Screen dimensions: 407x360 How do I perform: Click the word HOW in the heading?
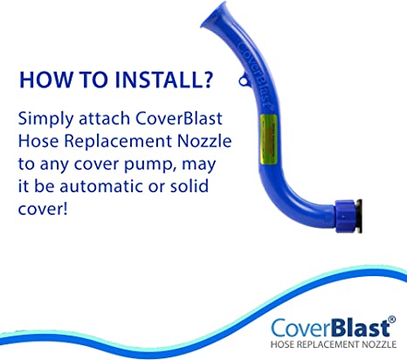click(x=46, y=80)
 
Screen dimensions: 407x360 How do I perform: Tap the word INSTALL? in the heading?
click(x=164, y=80)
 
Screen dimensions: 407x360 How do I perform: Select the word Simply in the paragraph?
click(x=45, y=120)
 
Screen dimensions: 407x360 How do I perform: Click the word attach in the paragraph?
click(x=104, y=119)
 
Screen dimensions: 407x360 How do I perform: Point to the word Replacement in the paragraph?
click(x=118, y=142)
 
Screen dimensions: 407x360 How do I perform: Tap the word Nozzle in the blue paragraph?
click(x=204, y=141)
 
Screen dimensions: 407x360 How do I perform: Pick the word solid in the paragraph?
click(x=189, y=186)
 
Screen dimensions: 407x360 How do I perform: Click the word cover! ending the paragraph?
click(x=43, y=209)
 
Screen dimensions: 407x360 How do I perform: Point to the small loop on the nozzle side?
click(x=245, y=80)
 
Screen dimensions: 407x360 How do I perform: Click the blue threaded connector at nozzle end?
click(x=345, y=216)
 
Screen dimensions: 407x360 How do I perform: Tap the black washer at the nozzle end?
click(x=359, y=216)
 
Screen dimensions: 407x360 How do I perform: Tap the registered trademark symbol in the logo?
click(x=392, y=319)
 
